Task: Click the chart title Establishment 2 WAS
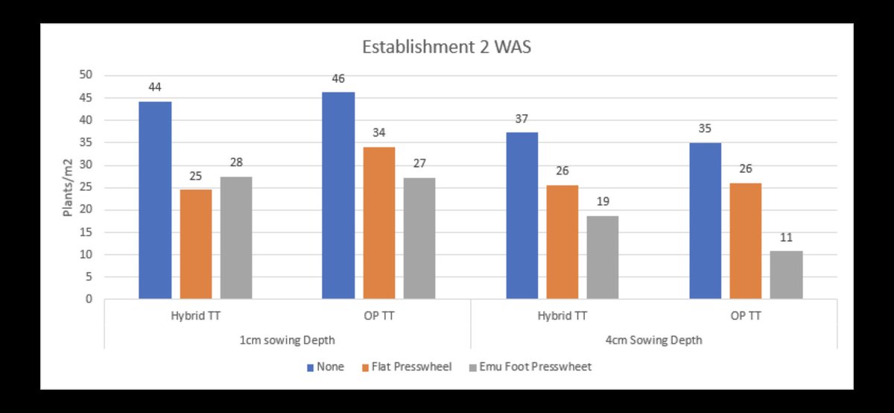click(446, 47)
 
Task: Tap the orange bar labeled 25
click(196, 244)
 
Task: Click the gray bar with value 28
click(236, 238)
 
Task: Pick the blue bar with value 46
click(338, 195)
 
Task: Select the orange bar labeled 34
click(379, 223)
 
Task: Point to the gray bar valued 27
click(419, 238)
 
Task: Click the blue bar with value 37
click(522, 215)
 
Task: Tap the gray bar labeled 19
click(603, 257)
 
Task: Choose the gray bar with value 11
click(786, 275)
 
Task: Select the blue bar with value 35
click(705, 221)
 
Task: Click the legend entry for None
click(326, 367)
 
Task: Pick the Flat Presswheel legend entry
click(408, 367)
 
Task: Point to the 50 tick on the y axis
click(87, 75)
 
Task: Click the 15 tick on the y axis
click(87, 232)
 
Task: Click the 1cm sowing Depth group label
click(288, 340)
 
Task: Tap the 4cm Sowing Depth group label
click(654, 340)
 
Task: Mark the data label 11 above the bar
click(786, 239)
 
